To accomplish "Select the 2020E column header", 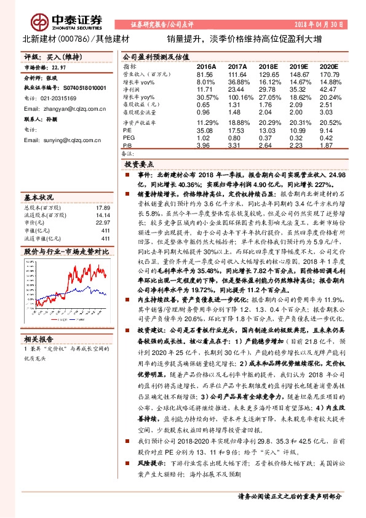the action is coord(329,66).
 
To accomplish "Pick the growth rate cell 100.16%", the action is coord(239,97).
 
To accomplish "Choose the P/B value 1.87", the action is coord(330,145).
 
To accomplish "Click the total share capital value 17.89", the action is coord(102,208).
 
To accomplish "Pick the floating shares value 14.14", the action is coord(102,215).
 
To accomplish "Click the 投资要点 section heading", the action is coord(138,165).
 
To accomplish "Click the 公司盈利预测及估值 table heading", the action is coord(151,55).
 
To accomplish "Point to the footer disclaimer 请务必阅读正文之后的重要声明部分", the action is coord(289,495).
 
